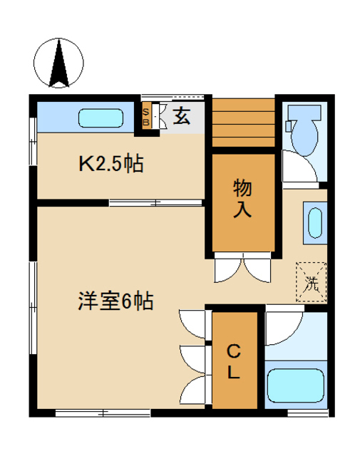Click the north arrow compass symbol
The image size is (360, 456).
[x=59, y=63]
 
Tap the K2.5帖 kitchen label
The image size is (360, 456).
[x=110, y=165]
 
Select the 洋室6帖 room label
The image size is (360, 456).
[x=114, y=301]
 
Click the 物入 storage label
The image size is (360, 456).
[x=243, y=200]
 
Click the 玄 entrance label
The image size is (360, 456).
[x=182, y=116]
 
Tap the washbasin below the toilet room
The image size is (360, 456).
[x=314, y=222]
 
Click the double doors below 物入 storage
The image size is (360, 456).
[x=242, y=269]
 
